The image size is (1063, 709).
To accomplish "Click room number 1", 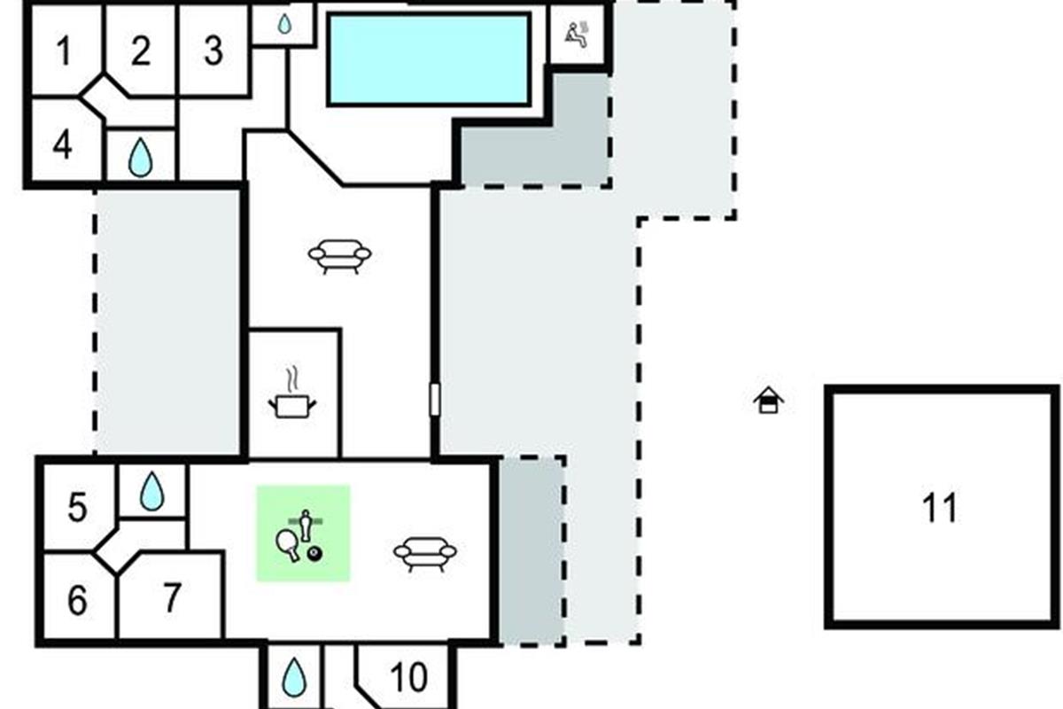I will [62, 51].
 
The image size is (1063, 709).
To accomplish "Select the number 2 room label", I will [140, 51].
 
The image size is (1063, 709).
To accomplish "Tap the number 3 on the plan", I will [213, 51].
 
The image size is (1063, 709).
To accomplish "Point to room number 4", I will [62, 144].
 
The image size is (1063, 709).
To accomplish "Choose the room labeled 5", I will [78, 509].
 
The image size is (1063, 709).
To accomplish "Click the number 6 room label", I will [78, 601].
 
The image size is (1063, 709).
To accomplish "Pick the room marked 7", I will [172, 597].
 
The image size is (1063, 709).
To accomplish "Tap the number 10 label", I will [408, 678].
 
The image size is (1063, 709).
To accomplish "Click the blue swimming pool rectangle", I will [429, 58].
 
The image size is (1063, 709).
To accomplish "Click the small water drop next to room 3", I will [283, 25].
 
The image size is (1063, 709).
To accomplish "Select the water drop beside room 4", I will [140, 159].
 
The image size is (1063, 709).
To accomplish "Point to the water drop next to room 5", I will [152, 491].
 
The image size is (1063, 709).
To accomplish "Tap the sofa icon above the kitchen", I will [339, 255].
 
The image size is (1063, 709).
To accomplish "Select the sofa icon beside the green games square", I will [425, 553].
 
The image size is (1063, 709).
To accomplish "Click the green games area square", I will [304, 534].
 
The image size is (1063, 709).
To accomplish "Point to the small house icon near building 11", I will [768, 401].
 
